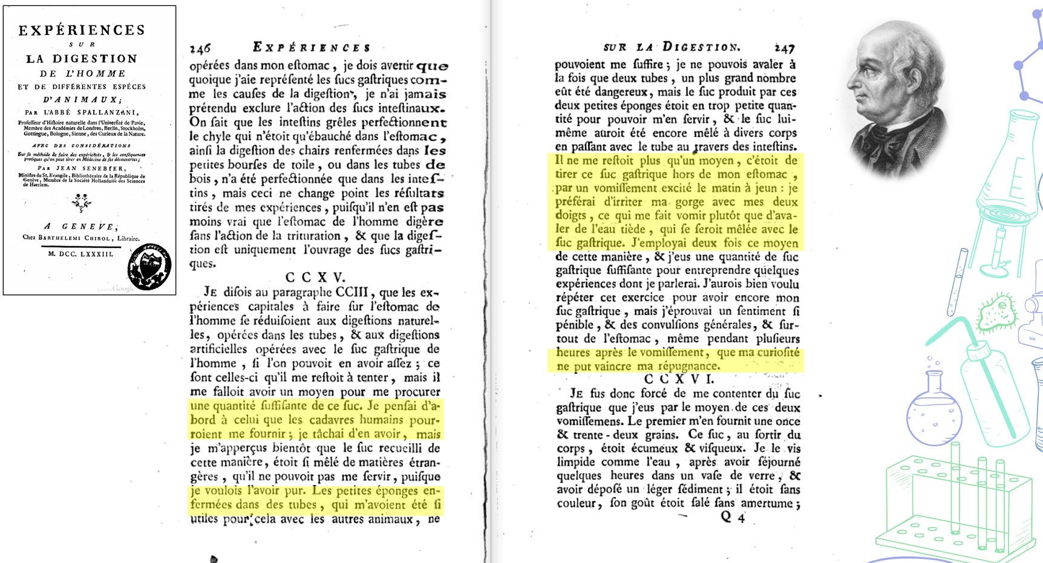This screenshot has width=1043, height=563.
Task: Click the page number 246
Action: click(200, 48)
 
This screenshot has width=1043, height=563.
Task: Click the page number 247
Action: click(784, 48)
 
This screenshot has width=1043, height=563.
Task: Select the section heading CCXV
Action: click(315, 278)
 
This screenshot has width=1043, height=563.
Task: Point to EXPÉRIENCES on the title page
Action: click(82, 30)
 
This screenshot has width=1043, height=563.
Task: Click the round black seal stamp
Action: click(149, 267)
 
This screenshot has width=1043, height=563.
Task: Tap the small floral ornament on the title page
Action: click(81, 202)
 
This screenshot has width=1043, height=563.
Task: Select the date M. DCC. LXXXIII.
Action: click(80, 254)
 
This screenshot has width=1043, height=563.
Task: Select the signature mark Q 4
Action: click(733, 517)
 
